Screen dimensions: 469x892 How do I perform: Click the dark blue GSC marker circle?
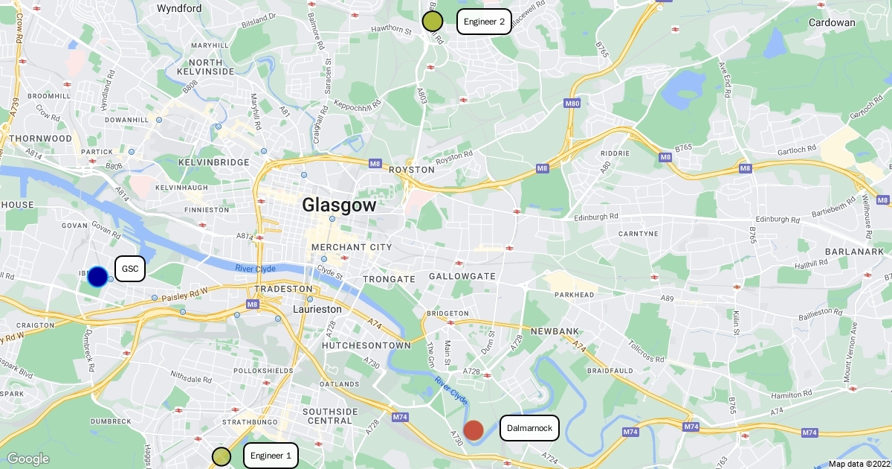coord(97,276)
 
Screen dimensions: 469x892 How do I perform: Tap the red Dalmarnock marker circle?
coord(474,430)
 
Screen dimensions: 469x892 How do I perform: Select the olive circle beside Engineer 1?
coord(222,456)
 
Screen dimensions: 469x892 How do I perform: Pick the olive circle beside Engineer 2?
coord(433,21)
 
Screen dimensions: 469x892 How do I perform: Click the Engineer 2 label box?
coord(484,22)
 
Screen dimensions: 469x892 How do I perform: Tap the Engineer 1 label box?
coord(271,456)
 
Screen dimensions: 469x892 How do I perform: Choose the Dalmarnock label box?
coord(529,428)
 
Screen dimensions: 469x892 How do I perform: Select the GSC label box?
coord(130,269)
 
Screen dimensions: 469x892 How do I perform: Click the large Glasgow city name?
coord(339,205)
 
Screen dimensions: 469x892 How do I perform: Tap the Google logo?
coord(28,459)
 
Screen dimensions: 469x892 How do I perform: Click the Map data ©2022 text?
coord(859,464)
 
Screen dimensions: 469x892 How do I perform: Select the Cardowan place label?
coord(833,22)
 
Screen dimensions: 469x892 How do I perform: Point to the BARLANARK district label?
coord(854,252)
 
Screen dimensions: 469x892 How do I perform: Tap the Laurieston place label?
coord(317,308)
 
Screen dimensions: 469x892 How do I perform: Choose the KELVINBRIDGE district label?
coord(213,162)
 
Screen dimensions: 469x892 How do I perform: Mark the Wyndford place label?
coord(179,8)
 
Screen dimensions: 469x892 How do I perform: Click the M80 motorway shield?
coord(572,103)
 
